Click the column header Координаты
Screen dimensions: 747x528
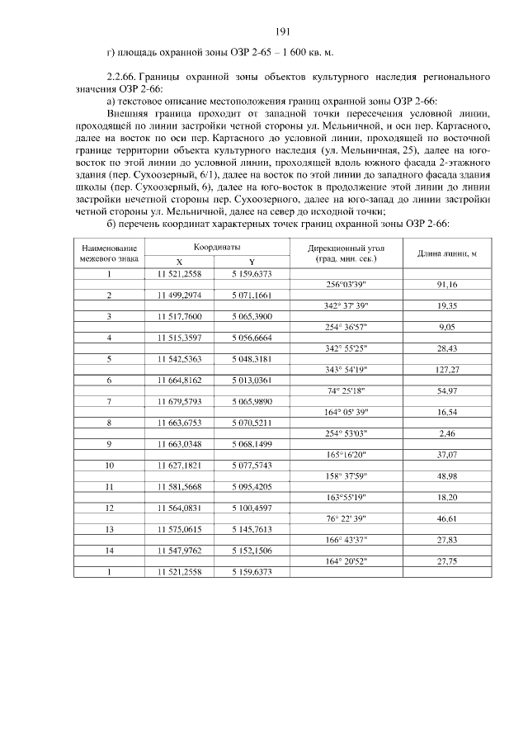coord(217,247)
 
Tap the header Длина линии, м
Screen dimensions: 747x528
coord(447,253)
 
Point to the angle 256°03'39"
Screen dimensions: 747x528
coord(346,284)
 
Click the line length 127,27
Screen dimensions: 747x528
coord(448,369)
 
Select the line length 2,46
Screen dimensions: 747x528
coord(448,433)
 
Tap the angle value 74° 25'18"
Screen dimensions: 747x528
coord(346,390)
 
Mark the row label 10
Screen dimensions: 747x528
coord(109,466)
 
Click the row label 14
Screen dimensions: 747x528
coord(109,551)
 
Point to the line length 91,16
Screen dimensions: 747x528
coord(448,284)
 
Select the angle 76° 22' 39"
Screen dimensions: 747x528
coord(346,518)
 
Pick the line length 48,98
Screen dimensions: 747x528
coord(448,476)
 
